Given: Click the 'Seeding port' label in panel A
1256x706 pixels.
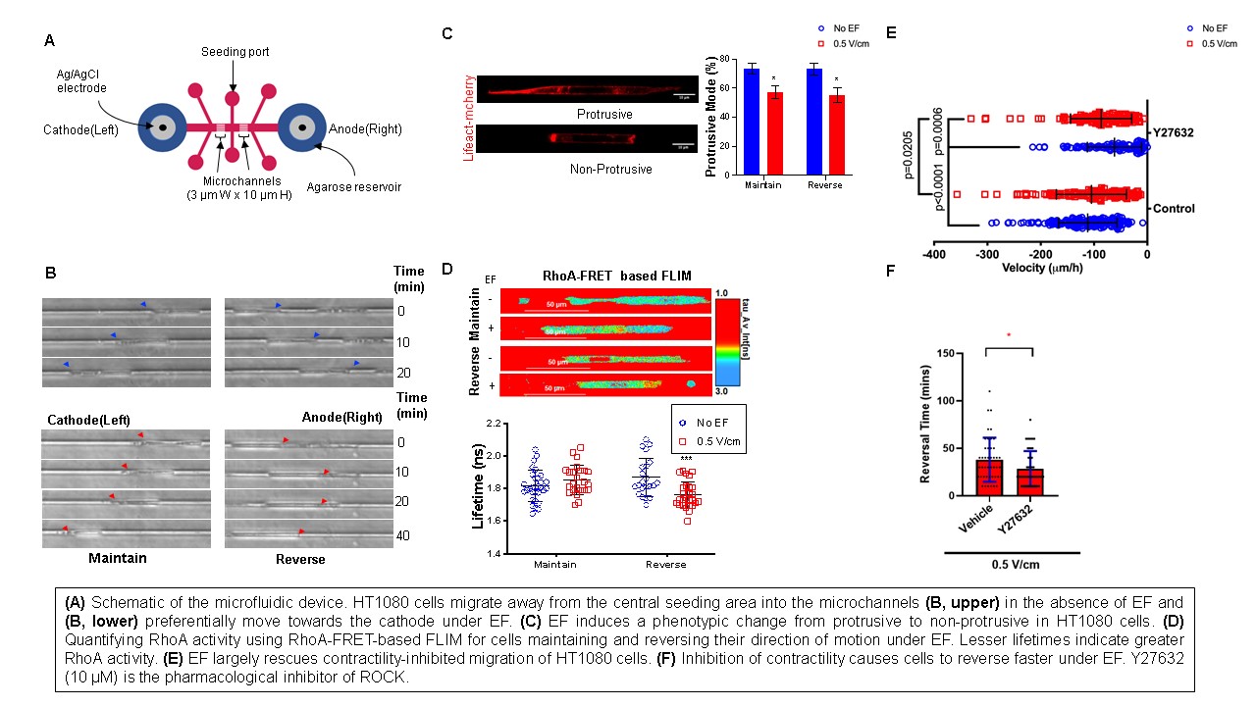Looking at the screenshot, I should [x=235, y=52].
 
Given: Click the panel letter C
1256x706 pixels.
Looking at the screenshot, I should [x=446, y=33].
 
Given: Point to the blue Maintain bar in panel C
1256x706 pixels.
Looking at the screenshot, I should [x=751, y=122].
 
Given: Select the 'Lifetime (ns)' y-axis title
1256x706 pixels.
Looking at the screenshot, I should [x=481, y=487].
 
